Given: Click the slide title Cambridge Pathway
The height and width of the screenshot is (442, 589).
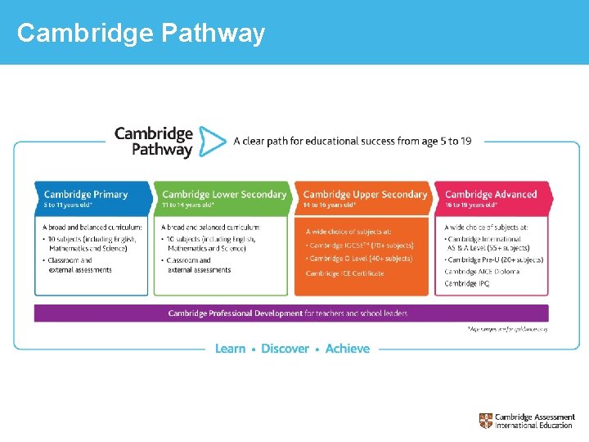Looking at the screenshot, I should click(141, 33).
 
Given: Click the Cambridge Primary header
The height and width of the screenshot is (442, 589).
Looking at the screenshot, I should click(86, 195).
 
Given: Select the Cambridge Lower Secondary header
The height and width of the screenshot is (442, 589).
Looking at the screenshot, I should click(224, 195).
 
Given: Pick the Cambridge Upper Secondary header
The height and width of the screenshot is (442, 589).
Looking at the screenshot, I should click(365, 195).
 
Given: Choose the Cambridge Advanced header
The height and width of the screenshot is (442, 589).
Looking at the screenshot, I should click(491, 195).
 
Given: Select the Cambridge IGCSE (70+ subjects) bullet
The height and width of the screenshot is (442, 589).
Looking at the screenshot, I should click(360, 246).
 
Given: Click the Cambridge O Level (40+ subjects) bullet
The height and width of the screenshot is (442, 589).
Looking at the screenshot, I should click(359, 259).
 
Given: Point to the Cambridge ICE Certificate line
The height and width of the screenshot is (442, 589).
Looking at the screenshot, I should click(344, 273).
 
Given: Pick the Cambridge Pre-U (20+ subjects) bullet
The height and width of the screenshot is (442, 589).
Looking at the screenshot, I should click(494, 259).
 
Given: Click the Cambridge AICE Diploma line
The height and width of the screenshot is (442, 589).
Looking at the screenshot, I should click(482, 272).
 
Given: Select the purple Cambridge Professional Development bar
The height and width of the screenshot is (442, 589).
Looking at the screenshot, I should click(291, 313).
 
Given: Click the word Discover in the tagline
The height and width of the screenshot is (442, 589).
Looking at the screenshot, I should click(285, 349).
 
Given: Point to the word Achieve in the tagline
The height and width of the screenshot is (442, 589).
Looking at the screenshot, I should click(348, 349).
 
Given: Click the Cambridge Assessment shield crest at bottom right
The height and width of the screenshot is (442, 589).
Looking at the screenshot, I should click(486, 421).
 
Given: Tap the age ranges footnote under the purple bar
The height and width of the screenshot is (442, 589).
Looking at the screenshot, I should click(507, 329).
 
